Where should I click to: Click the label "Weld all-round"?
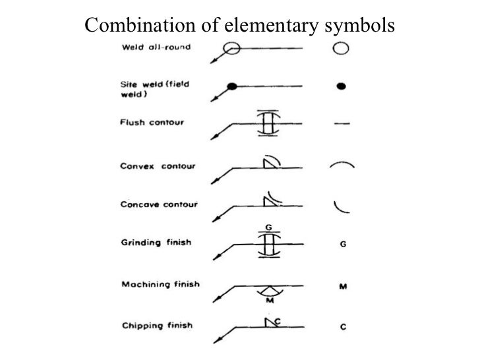[154, 47]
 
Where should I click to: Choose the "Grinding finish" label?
[156, 243]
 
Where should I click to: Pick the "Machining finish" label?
[161, 285]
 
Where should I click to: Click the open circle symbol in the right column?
[340, 48]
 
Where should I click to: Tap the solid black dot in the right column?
[342, 86]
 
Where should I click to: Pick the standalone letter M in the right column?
[343, 286]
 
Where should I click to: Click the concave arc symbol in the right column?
[342, 206]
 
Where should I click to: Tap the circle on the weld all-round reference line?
[231, 48]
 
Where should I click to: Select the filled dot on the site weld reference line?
[231, 86]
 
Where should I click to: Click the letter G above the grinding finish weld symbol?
[268, 227]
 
